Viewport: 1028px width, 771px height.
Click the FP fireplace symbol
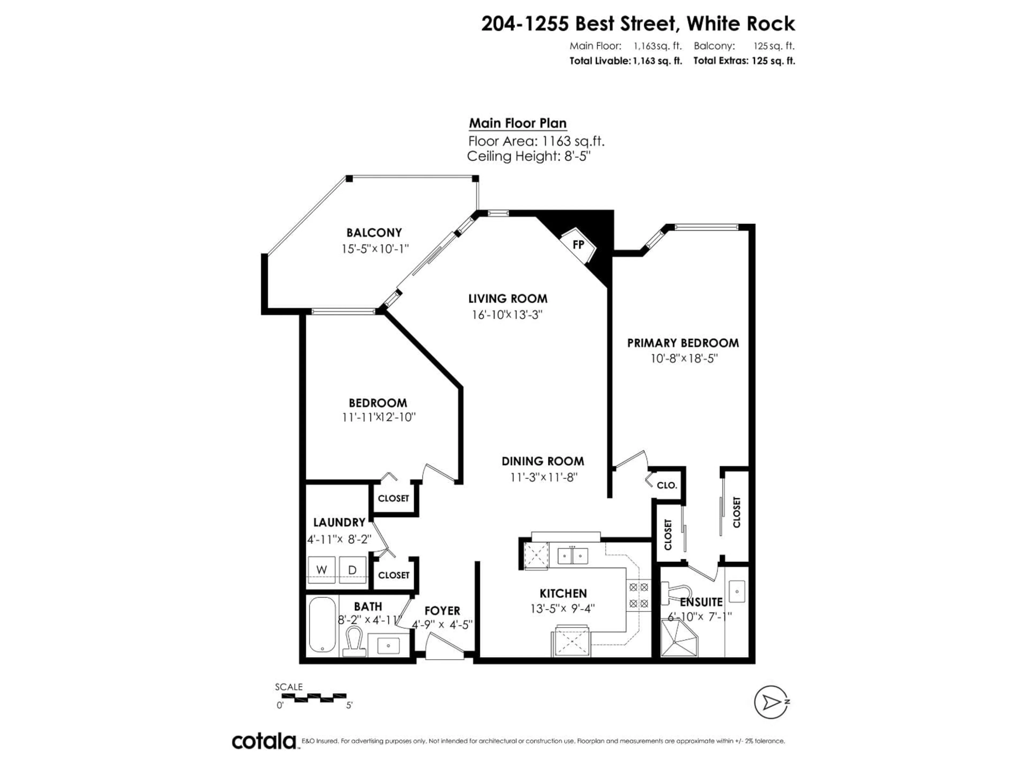click(578, 244)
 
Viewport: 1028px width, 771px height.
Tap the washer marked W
click(322, 569)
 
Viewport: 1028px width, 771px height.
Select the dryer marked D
click(352, 569)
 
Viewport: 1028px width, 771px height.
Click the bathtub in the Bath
click(322, 624)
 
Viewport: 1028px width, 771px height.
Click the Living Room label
click(508, 298)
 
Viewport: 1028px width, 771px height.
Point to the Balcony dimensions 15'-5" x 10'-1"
click(375, 249)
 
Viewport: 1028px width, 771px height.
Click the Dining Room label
click(542, 461)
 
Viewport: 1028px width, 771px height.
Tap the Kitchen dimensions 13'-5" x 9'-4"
click(562, 608)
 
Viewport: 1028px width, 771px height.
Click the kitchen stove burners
click(638, 595)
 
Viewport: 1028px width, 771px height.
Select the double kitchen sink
click(573, 556)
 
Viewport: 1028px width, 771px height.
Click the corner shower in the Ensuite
click(679, 639)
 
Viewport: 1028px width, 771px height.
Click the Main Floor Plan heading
click(517, 123)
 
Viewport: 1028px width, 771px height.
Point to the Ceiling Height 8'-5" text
click(528, 156)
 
